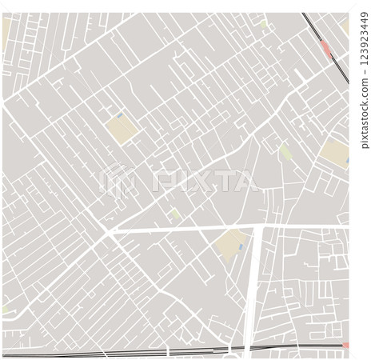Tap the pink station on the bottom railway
(x=345, y=346)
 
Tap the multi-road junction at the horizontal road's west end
(x=108, y=233)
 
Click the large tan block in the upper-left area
(x=120, y=130)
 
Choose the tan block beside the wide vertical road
(x=232, y=243)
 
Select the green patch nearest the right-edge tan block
(x=285, y=150)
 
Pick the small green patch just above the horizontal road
(x=176, y=214)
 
